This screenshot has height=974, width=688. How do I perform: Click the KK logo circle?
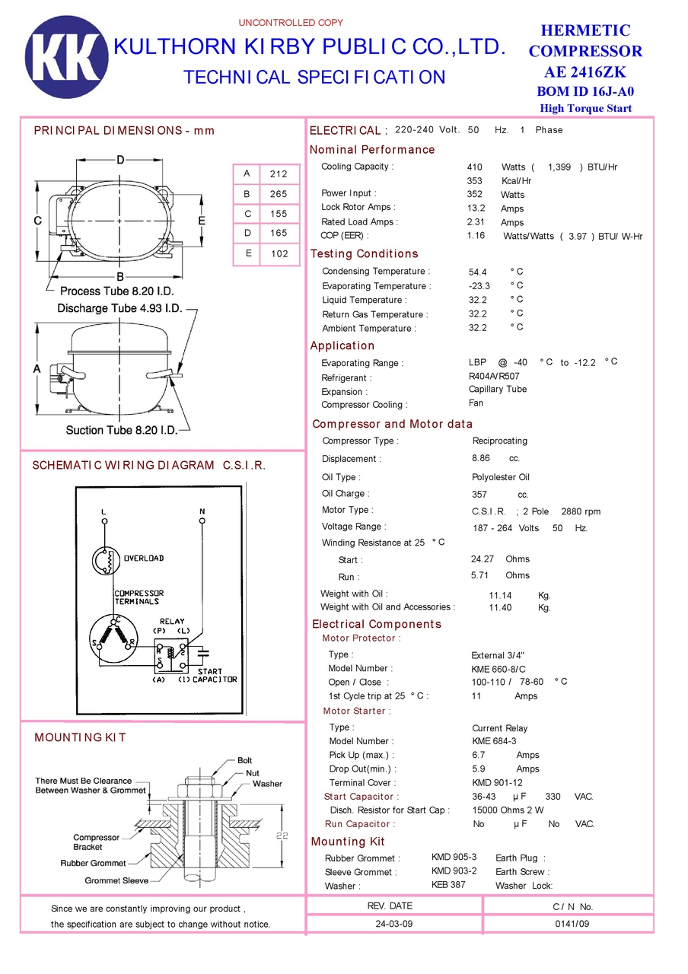point(67,57)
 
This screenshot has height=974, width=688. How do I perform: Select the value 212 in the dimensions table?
point(279,174)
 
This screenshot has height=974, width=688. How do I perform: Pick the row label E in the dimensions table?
point(247,253)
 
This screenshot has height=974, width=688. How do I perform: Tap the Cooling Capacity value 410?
point(475,167)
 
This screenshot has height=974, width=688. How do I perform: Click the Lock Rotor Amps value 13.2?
point(476,208)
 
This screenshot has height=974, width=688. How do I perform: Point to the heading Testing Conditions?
point(364,254)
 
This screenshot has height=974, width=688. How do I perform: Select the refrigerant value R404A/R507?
point(494,376)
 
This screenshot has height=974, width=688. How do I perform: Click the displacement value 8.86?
point(481,458)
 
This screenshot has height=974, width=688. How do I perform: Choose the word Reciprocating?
point(499,441)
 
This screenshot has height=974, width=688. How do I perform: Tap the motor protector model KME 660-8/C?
point(498,669)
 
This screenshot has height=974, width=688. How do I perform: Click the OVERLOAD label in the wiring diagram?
point(144,558)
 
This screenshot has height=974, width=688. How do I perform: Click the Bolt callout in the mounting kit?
point(244,760)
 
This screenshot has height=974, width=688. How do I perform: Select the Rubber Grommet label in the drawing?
point(93,863)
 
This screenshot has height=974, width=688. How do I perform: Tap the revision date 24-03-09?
point(394,924)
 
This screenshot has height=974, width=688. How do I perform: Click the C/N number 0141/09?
point(572,924)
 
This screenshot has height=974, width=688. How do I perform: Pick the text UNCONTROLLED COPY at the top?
point(291,23)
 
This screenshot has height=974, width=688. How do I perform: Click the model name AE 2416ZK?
point(585,72)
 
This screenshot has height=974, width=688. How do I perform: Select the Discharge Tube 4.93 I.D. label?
point(119,308)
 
